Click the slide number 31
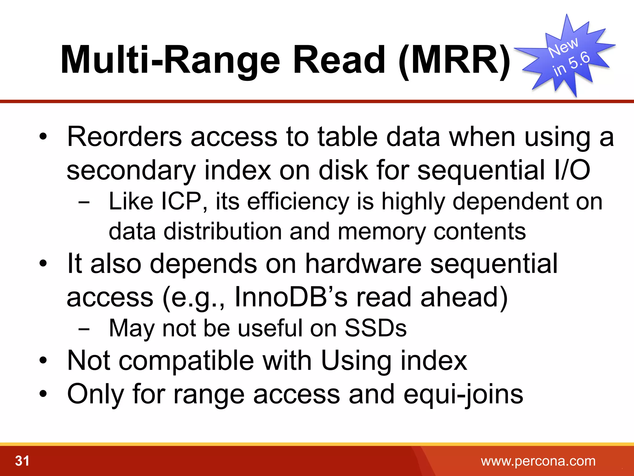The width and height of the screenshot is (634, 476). [22, 461]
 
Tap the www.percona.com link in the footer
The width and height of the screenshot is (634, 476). [538, 461]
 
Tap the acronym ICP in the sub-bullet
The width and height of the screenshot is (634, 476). [181, 201]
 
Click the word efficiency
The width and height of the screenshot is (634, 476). [298, 202]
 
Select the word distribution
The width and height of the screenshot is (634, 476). [223, 231]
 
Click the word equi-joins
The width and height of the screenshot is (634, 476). [463, 394]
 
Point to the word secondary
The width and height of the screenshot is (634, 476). [131, 170]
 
